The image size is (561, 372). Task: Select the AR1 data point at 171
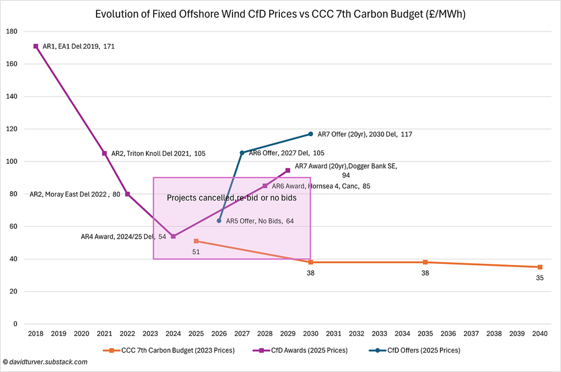click(x=36, y=46)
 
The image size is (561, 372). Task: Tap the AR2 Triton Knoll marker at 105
click(x=105, y=153)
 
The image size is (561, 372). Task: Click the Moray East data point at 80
click(x=127, y=194)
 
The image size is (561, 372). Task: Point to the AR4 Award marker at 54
click(x=173, y=236)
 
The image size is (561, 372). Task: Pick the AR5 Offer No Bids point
click(x=219, y=220)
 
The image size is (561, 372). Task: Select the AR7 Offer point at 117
click(x=311, y=134)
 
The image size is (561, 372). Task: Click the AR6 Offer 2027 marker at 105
click(x=242, y=153)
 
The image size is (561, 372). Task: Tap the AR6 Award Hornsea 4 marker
click(x=265, y=186)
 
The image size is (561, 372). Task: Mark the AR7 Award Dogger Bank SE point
click(x=288, y=170)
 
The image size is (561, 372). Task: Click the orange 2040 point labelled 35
click(x=540, y=267)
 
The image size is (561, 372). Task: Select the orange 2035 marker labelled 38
click(x=425, y=262)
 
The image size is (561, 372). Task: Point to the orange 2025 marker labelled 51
click(x=196, y=241)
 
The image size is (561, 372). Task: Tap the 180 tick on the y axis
click(x=11, y=32)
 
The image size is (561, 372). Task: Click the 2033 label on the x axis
click(x=379, y=334)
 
